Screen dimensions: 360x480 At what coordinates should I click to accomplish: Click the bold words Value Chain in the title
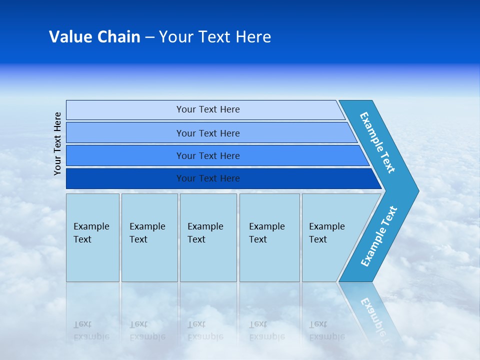(x=94, y=37)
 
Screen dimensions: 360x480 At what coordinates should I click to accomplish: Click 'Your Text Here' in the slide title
(x=215, y=37)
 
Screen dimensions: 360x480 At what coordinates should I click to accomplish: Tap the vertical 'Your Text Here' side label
(x=57, y=143)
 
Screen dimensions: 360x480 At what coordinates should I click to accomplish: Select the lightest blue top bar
(x=207, y=109)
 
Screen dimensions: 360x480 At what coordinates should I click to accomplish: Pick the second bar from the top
(x=207, y=133)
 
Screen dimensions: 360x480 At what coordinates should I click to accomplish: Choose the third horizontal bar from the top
(x=207, y=155)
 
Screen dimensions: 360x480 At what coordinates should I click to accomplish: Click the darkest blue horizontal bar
(x=207, y=178)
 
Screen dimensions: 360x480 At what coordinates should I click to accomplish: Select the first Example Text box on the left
(x=92, y=237)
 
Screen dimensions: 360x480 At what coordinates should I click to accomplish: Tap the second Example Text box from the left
(x=149, y=237)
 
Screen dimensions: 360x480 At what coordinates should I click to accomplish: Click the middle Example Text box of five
(x=208, y=237)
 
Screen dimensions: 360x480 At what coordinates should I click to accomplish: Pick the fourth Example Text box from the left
(x=269, y=237)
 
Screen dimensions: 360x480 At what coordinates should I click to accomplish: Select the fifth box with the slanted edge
(x=330, y=237)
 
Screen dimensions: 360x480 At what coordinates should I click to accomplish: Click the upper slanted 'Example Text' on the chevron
(x=377, y=142)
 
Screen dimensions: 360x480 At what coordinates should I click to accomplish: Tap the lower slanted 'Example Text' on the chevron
(x=379, y=236)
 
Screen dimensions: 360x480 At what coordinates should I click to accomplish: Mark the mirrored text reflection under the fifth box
(x=326, y=330)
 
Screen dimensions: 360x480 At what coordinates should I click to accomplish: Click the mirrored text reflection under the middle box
(x=205, y=330)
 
